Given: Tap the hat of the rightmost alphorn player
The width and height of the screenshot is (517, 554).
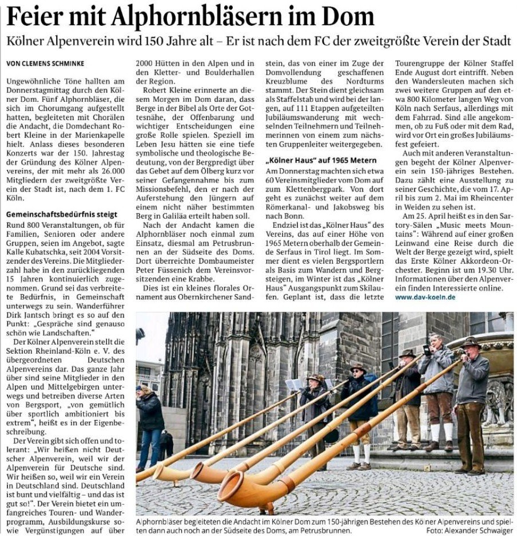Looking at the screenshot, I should click(471, 342).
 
